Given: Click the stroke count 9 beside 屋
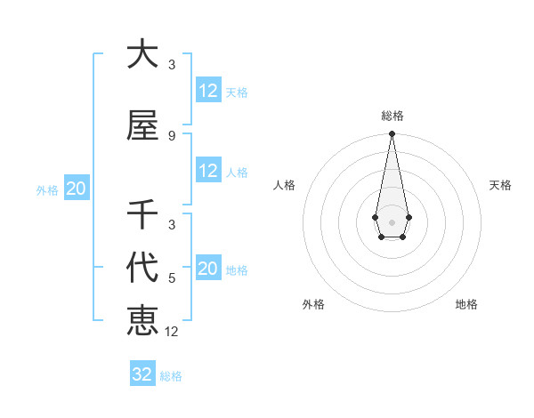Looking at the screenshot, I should pyautogui.click(x=172, y=135).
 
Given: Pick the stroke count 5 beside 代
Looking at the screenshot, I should pyautogui.click(x=172, y=278).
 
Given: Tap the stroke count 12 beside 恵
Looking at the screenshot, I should pyautogui.click(x=172, y=331).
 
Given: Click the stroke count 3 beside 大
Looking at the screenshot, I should pyautogui.click(x=172, y=65).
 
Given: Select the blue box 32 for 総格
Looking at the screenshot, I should pyautogui.click(x=142, y=374).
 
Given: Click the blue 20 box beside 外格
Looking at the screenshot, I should pyautogui.click(x=76, y=189).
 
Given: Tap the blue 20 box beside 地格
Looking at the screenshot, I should pyautogui.click(x=208, y=269).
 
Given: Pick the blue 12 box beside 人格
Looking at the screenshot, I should pyautogui.click(x=208, y=171).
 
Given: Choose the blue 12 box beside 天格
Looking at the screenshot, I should pyautogui.click(x=208, y=91).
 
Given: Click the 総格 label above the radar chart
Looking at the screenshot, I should pyautogui.click(x=392, y=117).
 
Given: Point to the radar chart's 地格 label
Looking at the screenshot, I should pyautogui.click(x=466, y=304).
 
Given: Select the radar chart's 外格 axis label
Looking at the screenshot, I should pyautogui.click(x=313, y=304).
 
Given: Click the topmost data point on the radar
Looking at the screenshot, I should pyautogui.click(x=392, y=133).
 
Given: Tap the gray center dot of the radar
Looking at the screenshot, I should pyautogui.click(x=392, y=221).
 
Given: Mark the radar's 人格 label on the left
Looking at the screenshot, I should pyautogui.click(x=285, y=185).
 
